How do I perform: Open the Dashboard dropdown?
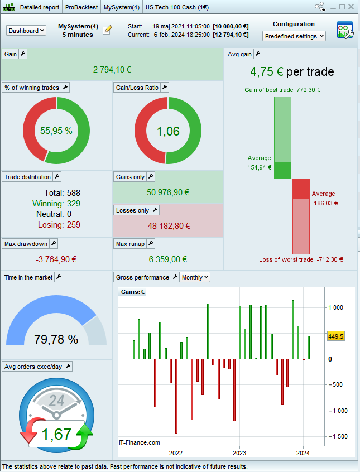(27, 31)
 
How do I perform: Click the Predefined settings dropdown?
(294, 36)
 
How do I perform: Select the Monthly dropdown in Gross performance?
(195, 277)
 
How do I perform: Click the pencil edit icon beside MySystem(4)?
(108, 30)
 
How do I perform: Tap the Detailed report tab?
(39, 7)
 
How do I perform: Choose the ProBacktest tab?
(82, 7)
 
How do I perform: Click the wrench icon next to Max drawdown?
(54, 244)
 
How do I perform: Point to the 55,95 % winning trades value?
(56, 131)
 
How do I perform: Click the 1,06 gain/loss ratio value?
(168, 131)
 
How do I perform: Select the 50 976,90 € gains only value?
(168, 192)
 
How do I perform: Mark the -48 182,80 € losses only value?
(168, 226)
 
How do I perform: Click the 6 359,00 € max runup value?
(168, 259)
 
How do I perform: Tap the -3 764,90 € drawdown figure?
(56, 259)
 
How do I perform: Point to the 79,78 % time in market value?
(56, 339)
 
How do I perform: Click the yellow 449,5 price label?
(335, 336)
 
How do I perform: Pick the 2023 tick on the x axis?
(239, 453)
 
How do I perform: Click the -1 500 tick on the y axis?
(337, 436)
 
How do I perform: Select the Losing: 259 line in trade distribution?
(59, 225)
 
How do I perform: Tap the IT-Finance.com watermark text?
(140, 442)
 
